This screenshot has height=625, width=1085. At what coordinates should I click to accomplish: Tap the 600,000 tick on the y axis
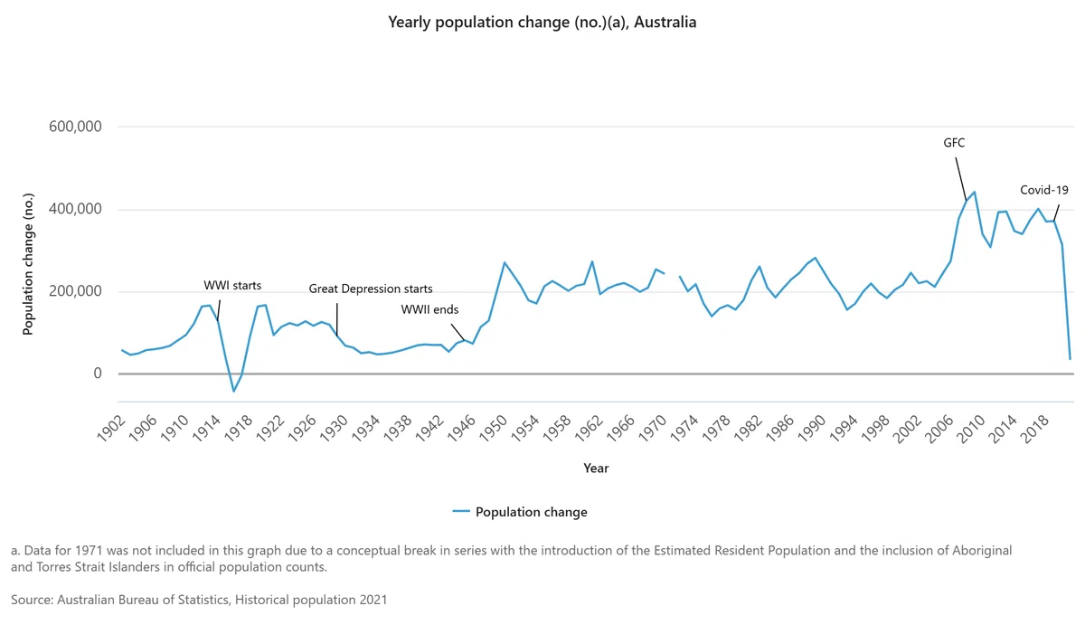coord(75,127)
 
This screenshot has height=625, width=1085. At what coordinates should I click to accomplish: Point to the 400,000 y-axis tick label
coord(75,209)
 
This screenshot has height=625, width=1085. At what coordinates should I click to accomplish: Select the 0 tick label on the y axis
coord(98,373)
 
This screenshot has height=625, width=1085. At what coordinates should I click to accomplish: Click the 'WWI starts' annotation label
coord(232,286)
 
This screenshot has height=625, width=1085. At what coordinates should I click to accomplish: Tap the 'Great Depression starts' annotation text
coord(371,289)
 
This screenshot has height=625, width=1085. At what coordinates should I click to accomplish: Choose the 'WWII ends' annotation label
coord(429,309)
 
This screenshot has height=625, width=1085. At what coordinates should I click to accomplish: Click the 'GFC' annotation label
coord(954,143)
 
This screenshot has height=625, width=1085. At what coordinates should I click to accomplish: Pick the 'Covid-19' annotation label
coord(1043,190)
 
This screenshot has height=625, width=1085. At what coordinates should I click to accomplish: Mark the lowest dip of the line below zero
coord(233,391)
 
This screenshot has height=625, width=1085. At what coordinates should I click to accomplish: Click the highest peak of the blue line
coord(974,192)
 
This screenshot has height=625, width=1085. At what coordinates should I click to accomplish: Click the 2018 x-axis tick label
coord(1033,429)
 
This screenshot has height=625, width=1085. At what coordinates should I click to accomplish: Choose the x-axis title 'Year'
coord(596,468)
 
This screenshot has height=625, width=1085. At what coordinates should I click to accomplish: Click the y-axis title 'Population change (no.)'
coord(28,264)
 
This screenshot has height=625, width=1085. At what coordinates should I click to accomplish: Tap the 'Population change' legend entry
coord(520,512)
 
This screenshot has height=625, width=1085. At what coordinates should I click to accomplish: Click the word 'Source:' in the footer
coord(32,600)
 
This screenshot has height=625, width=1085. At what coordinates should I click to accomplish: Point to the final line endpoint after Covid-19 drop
coord(1070,359)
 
